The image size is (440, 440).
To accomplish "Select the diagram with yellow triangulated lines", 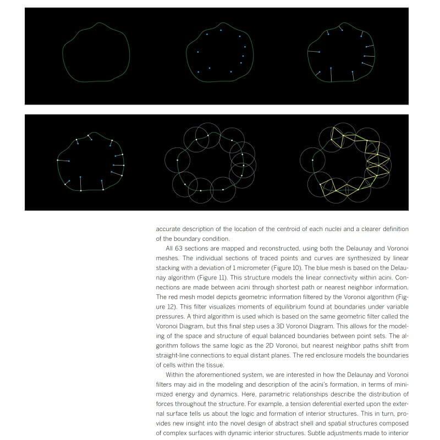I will point(345,162).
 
